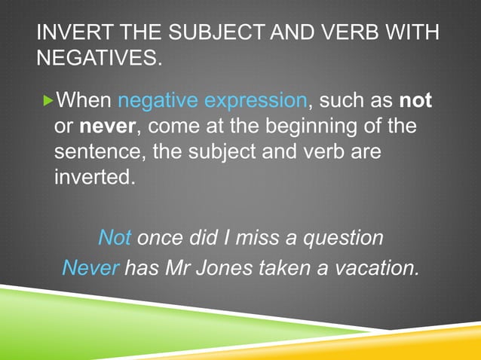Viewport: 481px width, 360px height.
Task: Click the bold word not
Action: click(414, 100)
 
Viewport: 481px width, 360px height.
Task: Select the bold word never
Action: click(106, 127)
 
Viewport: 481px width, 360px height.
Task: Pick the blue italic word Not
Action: click(115, 238)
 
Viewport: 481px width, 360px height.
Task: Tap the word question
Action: click(347, 239)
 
